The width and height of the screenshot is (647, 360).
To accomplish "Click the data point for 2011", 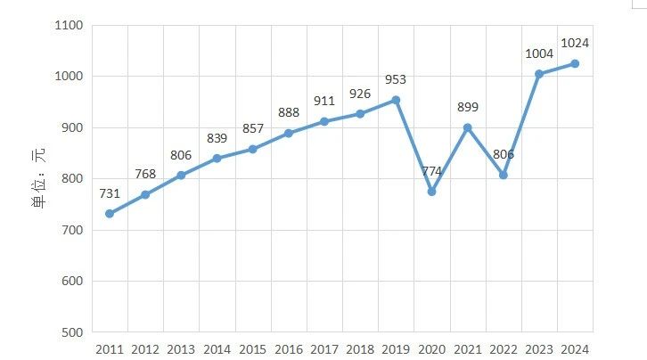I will (x=110, y=214).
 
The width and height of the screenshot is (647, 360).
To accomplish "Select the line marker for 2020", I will (x=432, y=192).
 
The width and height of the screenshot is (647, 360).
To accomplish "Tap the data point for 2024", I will (x=575, y=63).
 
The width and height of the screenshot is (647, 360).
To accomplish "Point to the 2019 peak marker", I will (x=396, y=100).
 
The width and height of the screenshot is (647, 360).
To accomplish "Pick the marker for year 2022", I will (x=504, y=176).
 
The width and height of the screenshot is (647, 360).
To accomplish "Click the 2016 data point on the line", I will (x=289, y=134).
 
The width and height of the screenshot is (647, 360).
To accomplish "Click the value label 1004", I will (x=539, y=53).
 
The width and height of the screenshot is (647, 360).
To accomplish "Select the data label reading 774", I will (x=432, y=169).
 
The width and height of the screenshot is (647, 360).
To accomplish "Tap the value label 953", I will (x=396, y=80).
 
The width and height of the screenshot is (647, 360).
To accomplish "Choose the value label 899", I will (x=468, y=107).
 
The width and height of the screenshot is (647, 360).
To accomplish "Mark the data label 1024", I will (x=575, y=43).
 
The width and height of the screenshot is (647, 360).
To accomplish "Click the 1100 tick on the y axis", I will (x=69, y=26).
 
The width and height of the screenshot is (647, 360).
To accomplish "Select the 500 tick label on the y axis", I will (x=72, y=332).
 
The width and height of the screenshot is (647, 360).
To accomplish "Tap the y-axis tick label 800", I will (x=72, y=179).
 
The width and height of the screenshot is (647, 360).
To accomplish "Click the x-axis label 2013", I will (x=181, y=349).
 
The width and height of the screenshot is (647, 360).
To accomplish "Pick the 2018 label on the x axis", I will (x=360, y=349).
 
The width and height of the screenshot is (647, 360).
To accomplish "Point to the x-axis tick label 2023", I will (x=539, y=349).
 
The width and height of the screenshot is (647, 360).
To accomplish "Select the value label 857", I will (x=253, y=128).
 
